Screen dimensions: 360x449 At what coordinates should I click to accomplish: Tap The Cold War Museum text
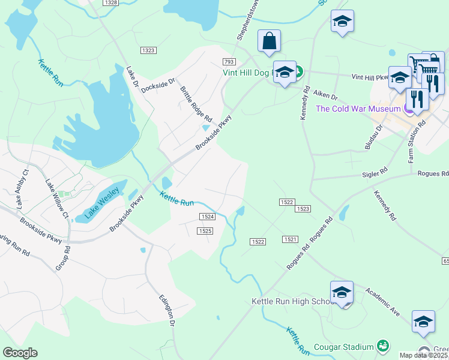point(358,109)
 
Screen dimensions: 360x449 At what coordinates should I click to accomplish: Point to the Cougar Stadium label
point(344,346)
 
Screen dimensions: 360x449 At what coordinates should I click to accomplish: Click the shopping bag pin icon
point(270,41)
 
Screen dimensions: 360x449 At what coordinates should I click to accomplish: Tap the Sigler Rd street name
point(376,174)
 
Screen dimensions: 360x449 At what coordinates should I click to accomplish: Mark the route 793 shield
point(228,62)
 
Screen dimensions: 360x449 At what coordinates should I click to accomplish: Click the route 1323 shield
point(148,50)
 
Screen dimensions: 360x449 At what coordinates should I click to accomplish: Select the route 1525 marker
point(205,230)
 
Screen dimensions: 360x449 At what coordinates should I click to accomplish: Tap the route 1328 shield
point(110,3)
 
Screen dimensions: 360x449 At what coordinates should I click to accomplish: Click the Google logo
point(20,353)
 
